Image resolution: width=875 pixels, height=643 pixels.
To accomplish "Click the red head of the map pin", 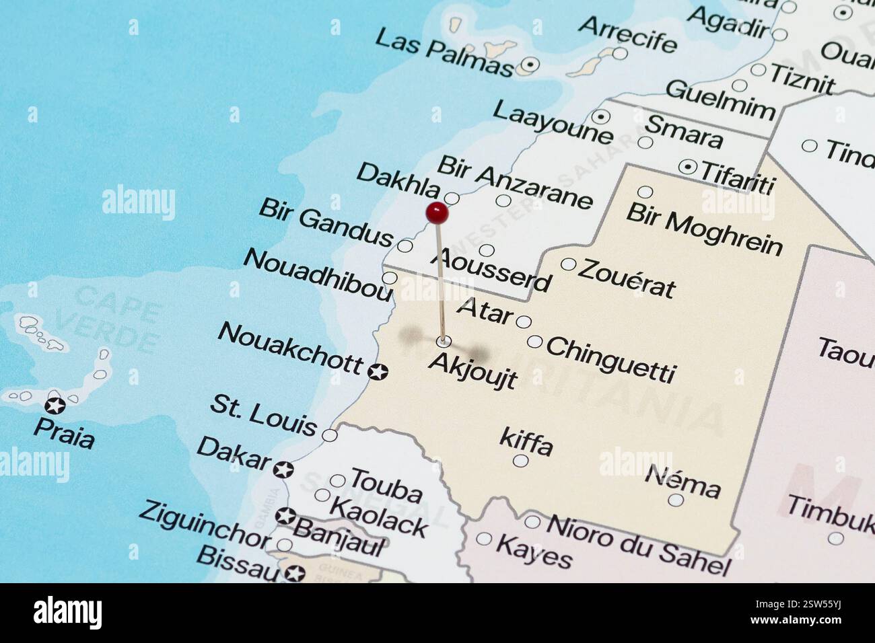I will [x=437, y=213].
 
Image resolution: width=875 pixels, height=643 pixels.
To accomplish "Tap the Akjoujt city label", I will [x=473, y=370].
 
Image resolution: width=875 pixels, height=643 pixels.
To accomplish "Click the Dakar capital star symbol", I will [x=283, y=469].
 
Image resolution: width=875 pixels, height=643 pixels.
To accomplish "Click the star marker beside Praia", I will [x=55, y=405].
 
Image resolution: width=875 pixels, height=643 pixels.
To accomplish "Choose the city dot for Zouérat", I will [x=568, y=264].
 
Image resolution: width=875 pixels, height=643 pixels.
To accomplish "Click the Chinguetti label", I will [x=610, y=359].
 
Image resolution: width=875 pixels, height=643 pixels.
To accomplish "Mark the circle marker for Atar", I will [x=524, y=321].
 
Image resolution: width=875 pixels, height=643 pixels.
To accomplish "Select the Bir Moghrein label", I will [x=704, y=229].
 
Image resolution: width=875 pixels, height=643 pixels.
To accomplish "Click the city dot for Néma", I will [x=676, y=500].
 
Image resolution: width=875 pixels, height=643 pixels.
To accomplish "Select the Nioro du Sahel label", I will [x=638, y=544].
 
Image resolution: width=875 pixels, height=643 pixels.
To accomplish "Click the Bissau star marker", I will [x=294, y=574].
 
